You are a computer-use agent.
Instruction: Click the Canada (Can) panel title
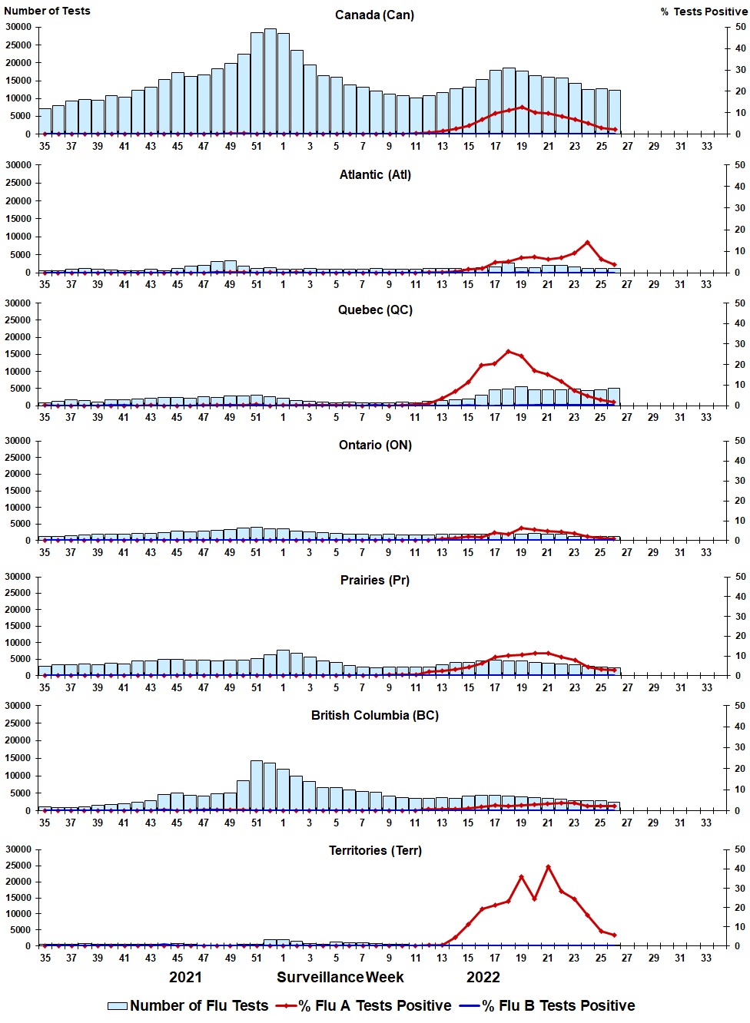374,15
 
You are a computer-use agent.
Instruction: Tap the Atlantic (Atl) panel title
375,175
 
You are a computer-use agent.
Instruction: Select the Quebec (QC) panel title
375,310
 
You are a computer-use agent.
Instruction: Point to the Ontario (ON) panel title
375,445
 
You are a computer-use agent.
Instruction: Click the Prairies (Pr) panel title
375,581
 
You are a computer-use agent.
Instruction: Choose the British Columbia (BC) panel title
375,716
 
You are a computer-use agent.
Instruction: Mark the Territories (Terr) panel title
375,851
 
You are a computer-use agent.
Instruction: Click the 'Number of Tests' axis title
47,11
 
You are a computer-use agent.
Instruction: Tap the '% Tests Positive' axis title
703,12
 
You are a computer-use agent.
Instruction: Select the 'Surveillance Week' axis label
340,978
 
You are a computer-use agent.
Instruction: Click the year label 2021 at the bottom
185,978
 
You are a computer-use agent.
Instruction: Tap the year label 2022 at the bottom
483,978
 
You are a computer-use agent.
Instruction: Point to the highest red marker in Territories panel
548,867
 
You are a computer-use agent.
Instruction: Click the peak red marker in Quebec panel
509,352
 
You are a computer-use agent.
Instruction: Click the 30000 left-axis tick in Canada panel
18,27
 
